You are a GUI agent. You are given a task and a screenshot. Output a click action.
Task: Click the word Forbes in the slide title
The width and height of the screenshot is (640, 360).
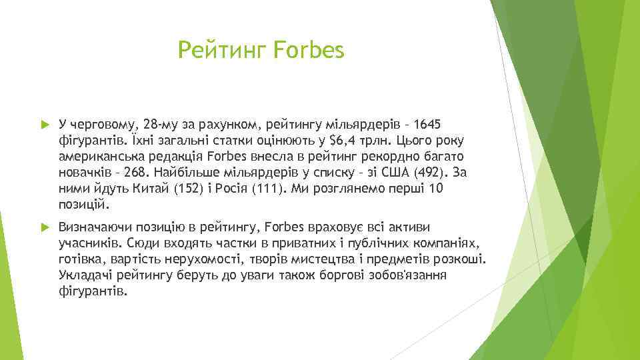pyautogui.click(x=309, y=50)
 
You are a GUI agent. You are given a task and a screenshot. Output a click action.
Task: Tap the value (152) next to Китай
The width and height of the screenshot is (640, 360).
pyautogui.click(x=189, y=189)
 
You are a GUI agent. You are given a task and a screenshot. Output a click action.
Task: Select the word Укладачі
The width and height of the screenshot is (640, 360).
pyautogui.click(x=83, y=275)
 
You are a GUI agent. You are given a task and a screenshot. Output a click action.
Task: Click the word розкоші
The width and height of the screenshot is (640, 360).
pyautogui.click(x=465, y=259)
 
